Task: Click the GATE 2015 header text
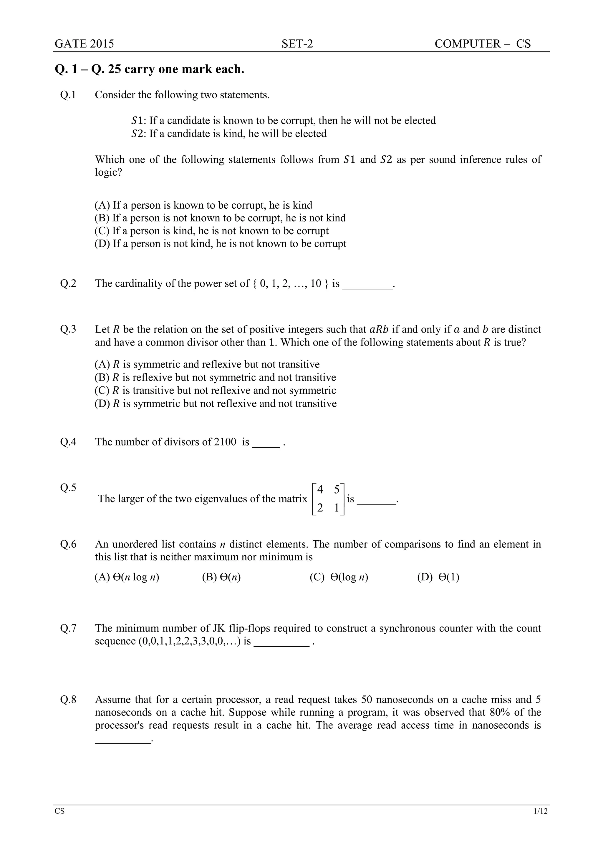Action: point(84,44)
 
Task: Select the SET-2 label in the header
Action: point(297,44)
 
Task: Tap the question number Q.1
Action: point(68,95)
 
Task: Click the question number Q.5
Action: point(68,488)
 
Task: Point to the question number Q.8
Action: point(68,700)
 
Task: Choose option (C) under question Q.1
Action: point(212,231)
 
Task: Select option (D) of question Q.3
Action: point(215,403)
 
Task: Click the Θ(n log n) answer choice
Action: point(127,577)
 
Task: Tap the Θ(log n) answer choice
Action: point(339,577)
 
